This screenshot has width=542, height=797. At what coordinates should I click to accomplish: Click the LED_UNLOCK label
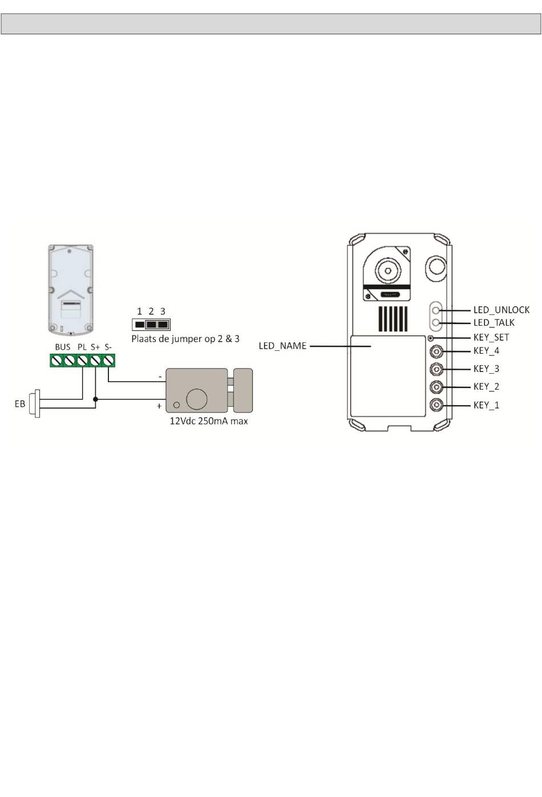tap(501, 310)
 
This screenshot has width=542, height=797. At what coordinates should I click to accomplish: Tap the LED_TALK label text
tap(494, 323)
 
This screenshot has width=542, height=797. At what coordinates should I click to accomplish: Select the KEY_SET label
tap(491, 337)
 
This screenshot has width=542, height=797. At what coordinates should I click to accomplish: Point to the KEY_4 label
tap(486, 351)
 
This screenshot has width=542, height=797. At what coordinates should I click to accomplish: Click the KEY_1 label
tap(486, 405)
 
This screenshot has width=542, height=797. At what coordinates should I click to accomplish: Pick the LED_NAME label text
tap(282, 346)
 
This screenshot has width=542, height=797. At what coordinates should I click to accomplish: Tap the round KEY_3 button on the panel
tap(436, 369)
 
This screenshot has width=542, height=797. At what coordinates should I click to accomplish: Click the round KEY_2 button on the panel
tap(436, 386)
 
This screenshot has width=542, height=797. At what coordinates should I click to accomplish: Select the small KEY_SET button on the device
tap(431, 338)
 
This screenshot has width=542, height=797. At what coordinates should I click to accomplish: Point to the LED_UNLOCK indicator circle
tap(435, 310)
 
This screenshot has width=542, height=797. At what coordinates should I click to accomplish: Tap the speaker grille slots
tap(393, 319)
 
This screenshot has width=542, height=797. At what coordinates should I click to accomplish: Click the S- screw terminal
tap(108, 361)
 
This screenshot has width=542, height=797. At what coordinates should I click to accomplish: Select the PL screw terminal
tap(82, 361)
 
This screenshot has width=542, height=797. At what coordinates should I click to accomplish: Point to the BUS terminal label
tap(63, 347)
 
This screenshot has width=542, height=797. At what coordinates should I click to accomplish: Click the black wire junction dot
tap(95, 399)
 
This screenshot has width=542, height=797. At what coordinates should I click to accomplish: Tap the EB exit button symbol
tap(35, 403)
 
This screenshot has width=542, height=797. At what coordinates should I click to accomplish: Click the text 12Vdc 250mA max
tap(209, 421)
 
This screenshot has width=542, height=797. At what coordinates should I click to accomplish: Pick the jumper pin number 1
tap(139, 311)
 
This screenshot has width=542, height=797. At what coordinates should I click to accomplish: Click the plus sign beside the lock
tap(159, 406)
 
